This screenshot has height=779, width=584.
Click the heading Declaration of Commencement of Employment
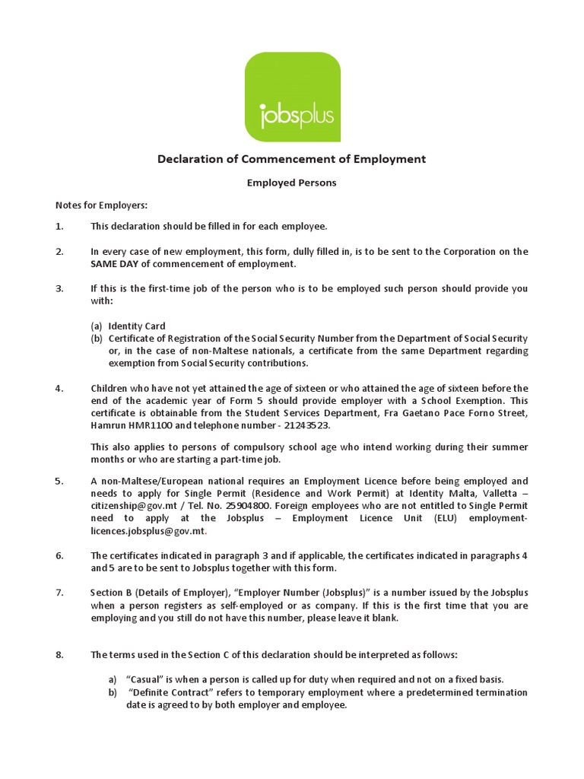[291, 159]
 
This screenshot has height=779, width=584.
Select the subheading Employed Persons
[292, 183]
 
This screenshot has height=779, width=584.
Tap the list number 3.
[59, 288]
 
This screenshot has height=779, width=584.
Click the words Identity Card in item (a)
[137, 326]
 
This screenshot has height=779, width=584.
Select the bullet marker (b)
[97, 338]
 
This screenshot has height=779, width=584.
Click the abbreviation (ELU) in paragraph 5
[446, 518]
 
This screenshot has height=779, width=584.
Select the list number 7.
[59, 593]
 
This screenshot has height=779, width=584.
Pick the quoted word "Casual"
[147, 679]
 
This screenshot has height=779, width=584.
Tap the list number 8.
[59, 654]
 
